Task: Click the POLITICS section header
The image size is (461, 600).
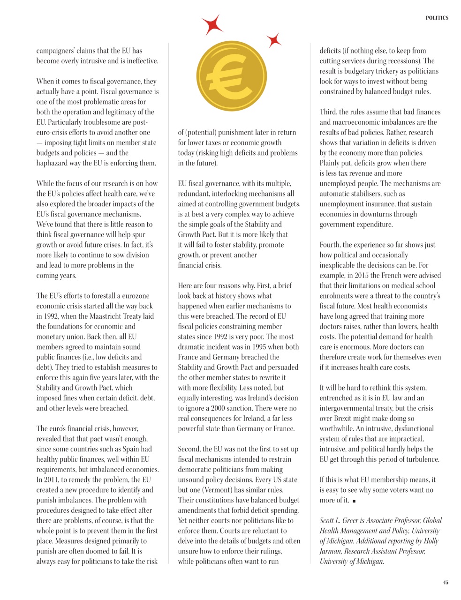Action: [x=437, y=18]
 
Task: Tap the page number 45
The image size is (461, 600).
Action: [x=446, y=582]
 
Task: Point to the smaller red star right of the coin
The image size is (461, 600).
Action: [x=274, y=40]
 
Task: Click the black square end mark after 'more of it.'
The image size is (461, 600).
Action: [x=355, y=501]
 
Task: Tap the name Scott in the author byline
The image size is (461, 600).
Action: [x=328, y=520]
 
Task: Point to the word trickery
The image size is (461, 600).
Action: [x=381, y=71]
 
